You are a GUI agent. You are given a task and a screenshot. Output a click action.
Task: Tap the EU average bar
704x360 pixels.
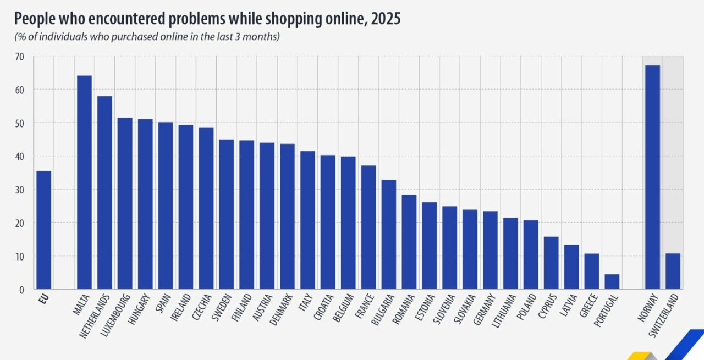(43, 230)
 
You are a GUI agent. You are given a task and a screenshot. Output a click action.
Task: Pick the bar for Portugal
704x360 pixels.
(612, 281)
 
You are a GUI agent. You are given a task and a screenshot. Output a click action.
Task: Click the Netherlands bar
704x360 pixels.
(105, 193)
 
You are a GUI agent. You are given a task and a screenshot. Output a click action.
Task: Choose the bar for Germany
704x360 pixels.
(490, 250)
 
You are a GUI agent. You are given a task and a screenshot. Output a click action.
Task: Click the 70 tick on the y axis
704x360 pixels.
(20, 56)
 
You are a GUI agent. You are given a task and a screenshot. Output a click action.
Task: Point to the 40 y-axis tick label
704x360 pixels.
(20, 157)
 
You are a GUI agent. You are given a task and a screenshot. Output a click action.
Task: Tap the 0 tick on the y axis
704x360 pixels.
(22, 290)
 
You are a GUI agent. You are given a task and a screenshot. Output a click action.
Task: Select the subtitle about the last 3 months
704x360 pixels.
(147, 37)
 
